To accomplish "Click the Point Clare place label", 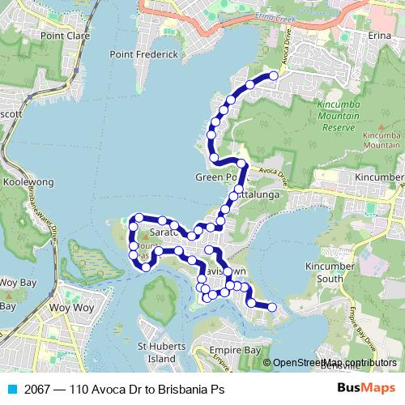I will [63, 36].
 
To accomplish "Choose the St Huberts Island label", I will [156, 352].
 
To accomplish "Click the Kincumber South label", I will [330, 272].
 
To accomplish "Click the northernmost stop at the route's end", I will [274, 75].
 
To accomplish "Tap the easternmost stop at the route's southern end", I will [272, 307].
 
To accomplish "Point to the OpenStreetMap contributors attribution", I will [335, 362].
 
